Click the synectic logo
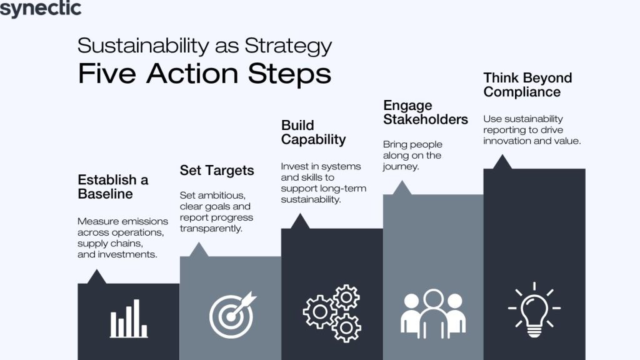click(41, 9)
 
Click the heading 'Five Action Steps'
click(204, 74)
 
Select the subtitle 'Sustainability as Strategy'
click(204, 46)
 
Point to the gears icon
click(332, 312)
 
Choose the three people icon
click(433, 312)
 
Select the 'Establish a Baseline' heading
click(113, 187)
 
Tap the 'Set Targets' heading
click(217, 170)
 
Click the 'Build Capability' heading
click(313, 132)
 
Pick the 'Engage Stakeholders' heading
click(426, 112)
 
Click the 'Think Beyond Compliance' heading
click(527, 84)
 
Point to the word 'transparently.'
click(211, 229)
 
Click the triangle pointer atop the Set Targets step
click(199, 251)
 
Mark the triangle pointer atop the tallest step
click(502, 162)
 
